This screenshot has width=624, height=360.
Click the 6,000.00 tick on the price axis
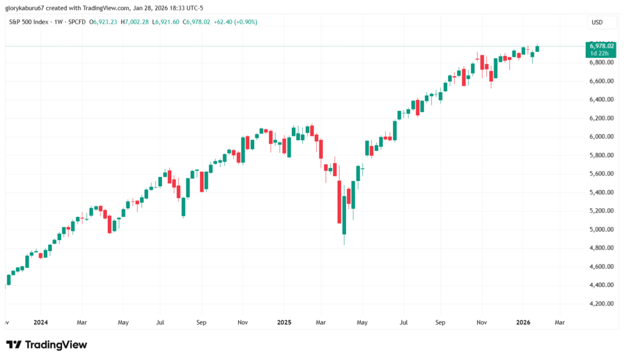(x=597, y=136)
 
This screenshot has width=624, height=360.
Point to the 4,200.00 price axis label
(x=597, y=303)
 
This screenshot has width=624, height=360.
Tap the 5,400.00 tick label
(x=597, y=192)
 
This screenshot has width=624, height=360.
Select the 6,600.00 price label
(x=597, y=81)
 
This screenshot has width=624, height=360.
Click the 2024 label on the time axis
(x=41, y=322)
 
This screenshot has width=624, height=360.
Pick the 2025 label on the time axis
(x=285, y=322)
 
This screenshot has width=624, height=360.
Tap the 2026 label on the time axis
(x=523, y=322)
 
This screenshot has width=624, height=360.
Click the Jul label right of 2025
(x=403, y=322)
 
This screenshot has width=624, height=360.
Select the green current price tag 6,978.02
(x=600, y=46)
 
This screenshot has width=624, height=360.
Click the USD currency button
(x=597, y=23)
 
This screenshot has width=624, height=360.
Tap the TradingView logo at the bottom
(x=47, y=345)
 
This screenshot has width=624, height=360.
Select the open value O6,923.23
(x=104, y=22)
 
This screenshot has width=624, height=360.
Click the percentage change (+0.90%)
(x=244, y=22)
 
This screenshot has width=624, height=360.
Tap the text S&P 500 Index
(x=28, y=22)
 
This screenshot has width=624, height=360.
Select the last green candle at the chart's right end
(x=537, y=48)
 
